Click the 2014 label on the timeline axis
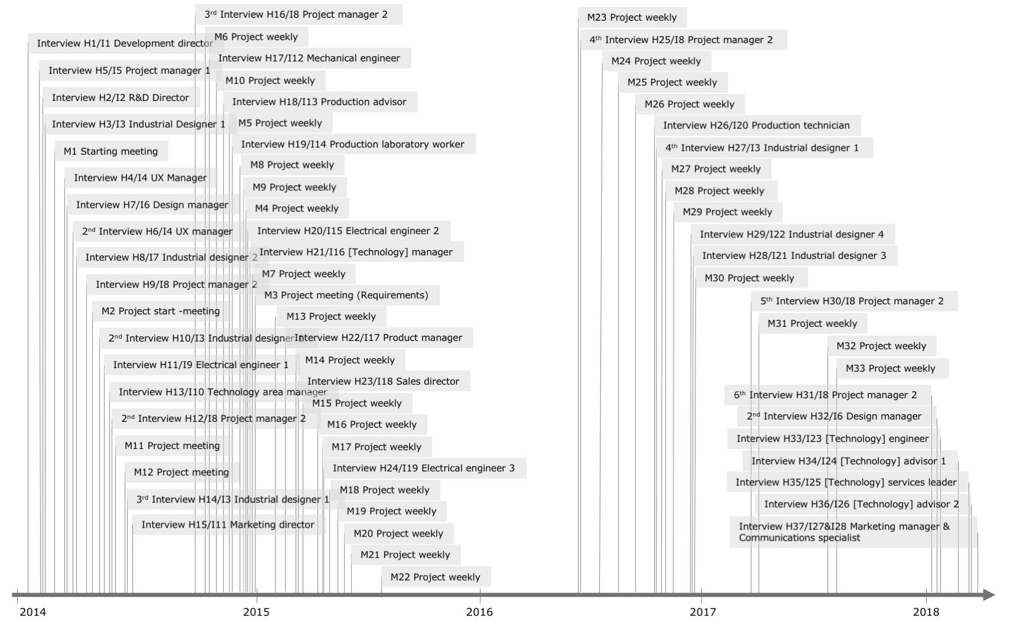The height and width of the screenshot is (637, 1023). [x=33, y=612]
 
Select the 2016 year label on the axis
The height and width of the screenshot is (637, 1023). [x=479, y=612]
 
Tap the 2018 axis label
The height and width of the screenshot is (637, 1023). [x=926, y=612]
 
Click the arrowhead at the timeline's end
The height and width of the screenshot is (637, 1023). [x=989, y=594]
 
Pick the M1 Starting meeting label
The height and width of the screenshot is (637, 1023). [x=111, y=151]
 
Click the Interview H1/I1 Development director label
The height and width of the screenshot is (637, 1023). [x=125, y=43]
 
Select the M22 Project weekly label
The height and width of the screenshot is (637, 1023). [x=435, y=577]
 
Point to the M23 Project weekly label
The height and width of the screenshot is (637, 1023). [x=632, y=17]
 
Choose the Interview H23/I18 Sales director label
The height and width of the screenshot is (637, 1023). [x=383, y=381]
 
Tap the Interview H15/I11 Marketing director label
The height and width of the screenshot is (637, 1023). [x=228, y=525]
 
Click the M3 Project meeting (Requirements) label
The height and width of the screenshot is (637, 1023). [x=346, y=295]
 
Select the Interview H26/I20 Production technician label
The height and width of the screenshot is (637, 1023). [x=756, y=125]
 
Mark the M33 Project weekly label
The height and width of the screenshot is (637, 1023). [x=890, y=368]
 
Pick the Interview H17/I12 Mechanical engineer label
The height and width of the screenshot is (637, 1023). [x=308, y=58]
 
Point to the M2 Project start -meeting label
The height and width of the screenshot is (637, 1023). [x=160, y=311]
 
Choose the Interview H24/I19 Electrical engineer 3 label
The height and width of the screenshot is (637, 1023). [x=423, y=468]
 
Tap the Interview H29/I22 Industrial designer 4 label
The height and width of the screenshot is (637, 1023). [x=791, y=234]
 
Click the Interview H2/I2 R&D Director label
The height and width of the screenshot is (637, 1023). [x=120, y=97]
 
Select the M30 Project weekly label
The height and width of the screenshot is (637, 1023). [x=749, y=278]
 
